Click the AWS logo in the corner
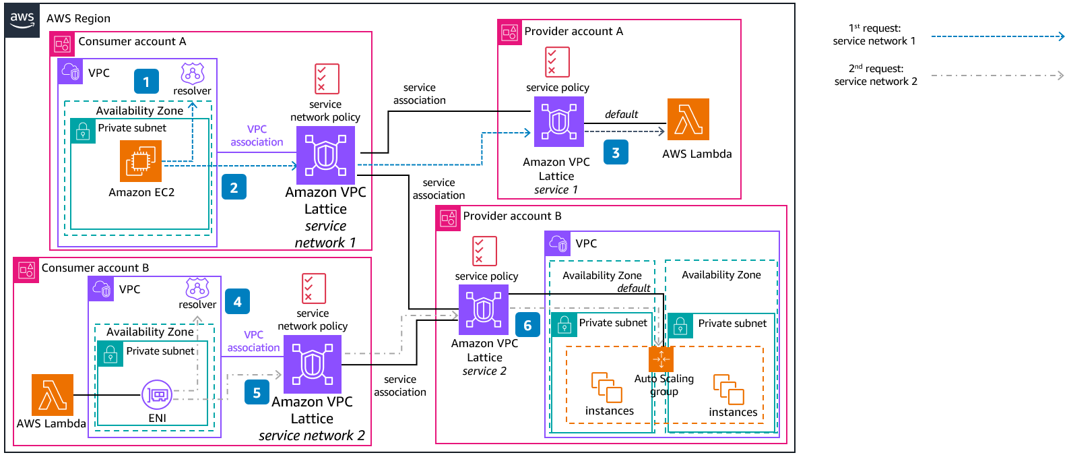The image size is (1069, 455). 22,20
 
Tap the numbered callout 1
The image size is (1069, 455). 146,82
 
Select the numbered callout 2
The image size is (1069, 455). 234,187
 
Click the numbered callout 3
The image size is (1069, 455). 616,152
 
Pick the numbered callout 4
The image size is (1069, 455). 237,301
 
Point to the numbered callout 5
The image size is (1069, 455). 257,392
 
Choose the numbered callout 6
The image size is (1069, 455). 527,325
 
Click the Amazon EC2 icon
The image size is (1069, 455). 141,161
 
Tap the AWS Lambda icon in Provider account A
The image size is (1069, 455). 688,119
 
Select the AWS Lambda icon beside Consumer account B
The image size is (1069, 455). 53,395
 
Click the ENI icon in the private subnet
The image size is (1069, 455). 157,394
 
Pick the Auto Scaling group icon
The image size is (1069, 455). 661,359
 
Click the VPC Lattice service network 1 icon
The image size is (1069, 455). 325,155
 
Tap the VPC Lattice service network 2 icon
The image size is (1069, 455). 313,364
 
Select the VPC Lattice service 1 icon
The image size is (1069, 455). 558,121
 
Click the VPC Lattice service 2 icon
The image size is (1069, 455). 484,309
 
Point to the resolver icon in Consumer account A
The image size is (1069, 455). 192,73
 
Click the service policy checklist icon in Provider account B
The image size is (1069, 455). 484,251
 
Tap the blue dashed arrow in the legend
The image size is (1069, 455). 997,36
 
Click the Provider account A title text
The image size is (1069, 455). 573,31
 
